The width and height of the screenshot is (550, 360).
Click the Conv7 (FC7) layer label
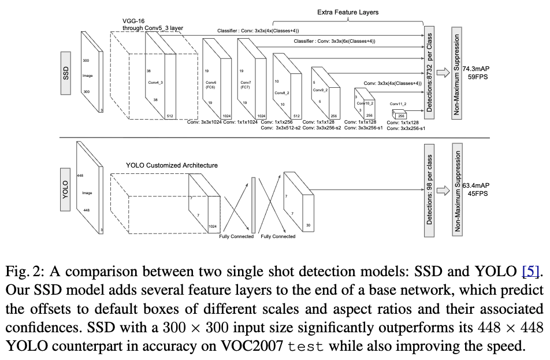(x=246, y=84)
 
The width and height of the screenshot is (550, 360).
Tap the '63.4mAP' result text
(x=477, y=186)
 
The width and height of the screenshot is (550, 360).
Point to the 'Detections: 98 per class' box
(x=429, y=189)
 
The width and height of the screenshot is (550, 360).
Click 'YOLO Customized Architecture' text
(x=172, y=165)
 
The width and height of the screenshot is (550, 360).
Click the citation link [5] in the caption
(x=530, y=270)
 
